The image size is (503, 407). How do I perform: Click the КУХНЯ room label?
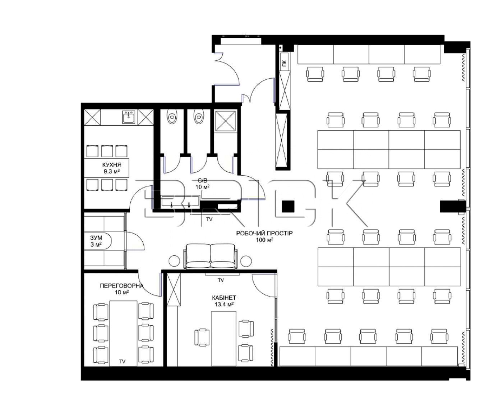(x=112, y=165)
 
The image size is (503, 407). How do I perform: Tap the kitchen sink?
(x=129, y=117)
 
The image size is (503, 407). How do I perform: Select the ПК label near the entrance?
(x=284, y=63)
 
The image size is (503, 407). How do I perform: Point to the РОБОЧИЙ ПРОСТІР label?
(x=264, y=233)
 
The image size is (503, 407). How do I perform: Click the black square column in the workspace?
(x=288, y=206)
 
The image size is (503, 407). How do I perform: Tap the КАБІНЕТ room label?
(x=224, y=298)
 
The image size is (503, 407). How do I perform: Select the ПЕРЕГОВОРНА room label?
(x=121, y=286)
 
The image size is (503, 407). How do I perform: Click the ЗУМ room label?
(x=96, y=237)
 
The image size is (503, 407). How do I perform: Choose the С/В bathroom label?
(x=202, y=181)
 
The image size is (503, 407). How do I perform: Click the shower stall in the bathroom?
(x=226, y=121)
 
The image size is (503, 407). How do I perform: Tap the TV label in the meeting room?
(x=122, y=361)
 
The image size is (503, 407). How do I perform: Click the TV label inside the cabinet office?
(x=221, y=280)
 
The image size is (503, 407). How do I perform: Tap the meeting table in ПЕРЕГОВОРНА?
(x=123, y=333)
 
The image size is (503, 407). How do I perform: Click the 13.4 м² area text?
(x=224, y=304)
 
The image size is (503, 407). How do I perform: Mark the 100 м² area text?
(x=264, y=240)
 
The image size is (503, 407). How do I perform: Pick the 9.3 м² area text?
(x=112, y=171)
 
